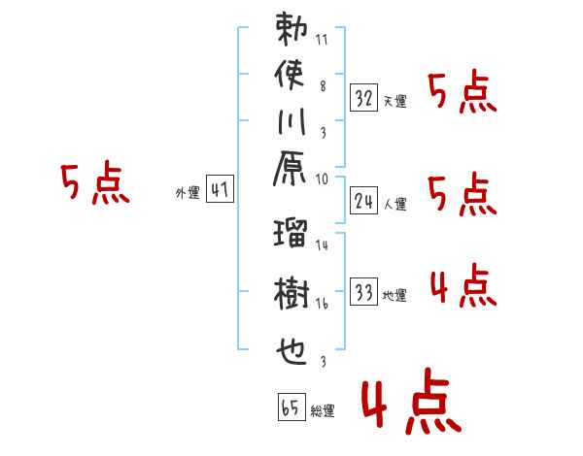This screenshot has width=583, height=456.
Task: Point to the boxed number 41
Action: pos(220,190)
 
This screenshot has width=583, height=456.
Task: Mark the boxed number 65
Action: pos(290,407)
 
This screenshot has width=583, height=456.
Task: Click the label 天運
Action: pos(395,102)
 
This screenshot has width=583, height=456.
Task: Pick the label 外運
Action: pos(187,193)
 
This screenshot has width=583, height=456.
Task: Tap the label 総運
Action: pos(323,411)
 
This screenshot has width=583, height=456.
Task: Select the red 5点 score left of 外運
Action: pos(94,183)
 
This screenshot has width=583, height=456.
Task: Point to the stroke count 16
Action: pos(323,304)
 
